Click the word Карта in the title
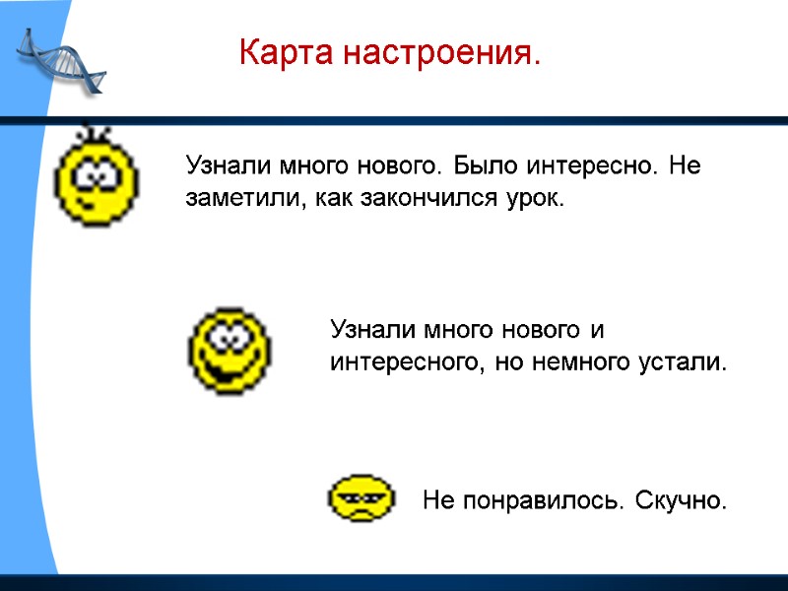(278, 52)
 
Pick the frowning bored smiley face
(360, 499)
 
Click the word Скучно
(681, 501)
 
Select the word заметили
(236, 199)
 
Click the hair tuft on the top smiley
(97, 130)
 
